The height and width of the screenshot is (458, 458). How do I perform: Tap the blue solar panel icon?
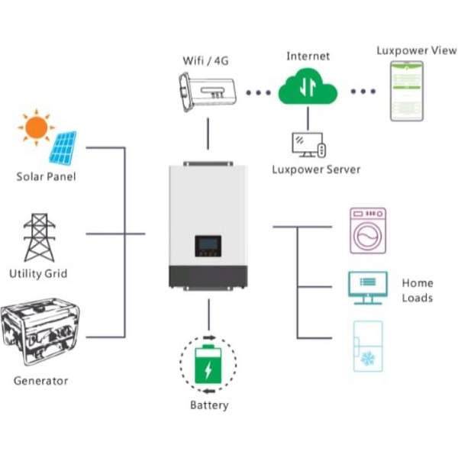click(x=63, y=148)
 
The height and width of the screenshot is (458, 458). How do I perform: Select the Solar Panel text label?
click(x=47, y=177)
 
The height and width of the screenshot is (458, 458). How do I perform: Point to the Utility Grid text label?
click(x=38, y=273)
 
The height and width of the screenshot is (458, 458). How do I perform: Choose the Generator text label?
click(x=40, y=380)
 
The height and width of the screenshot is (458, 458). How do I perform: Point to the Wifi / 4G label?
click(x=205, y=60)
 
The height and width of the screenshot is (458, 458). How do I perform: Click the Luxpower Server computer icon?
click(x=308, y=144)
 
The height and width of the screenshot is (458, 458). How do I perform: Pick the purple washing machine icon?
click(x=368, y=230)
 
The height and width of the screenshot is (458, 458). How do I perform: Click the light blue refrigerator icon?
click(x=368, y=346)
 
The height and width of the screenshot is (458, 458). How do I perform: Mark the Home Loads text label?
click(x=418, y=290)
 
